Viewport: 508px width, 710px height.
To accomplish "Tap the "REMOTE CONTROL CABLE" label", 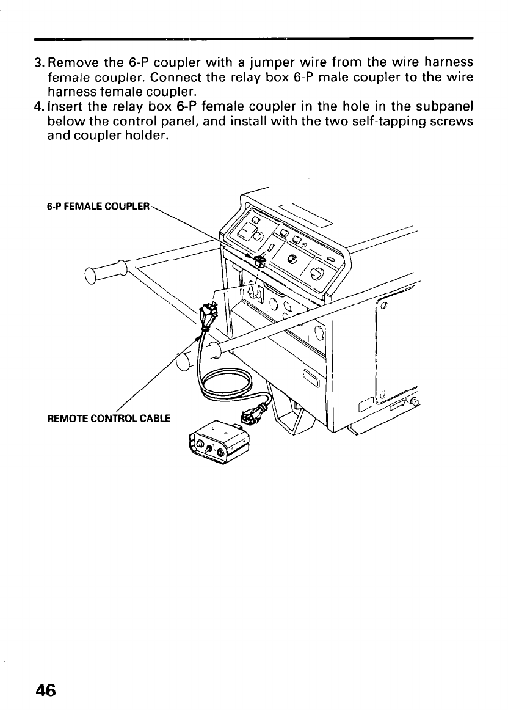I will click(x=109, y=419).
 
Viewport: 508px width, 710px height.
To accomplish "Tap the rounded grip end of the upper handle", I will click(x=92, y=276).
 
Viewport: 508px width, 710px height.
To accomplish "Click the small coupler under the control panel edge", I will click(x=259, y=261).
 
